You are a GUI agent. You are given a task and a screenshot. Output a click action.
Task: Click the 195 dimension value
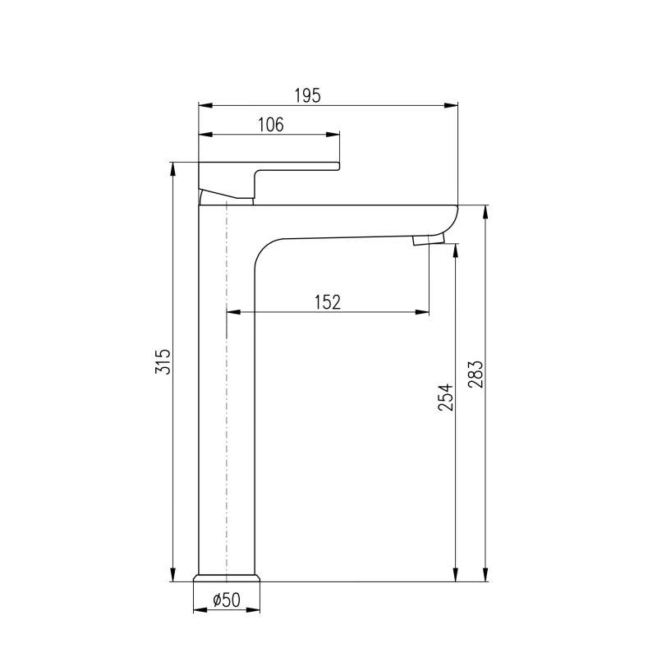[307, 95]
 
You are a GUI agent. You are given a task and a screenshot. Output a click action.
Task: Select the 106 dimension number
[271, 125]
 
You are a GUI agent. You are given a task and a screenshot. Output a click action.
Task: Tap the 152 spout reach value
[328, 301]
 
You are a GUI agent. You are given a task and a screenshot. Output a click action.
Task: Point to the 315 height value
[163, 361]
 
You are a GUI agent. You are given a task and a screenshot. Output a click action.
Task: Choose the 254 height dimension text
[446, 397]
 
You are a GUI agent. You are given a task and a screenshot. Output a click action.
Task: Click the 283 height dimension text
[476, 374]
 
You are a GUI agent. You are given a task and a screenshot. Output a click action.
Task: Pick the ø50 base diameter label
[227, 600]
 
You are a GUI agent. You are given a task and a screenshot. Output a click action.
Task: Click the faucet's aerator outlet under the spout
[428, 240]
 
